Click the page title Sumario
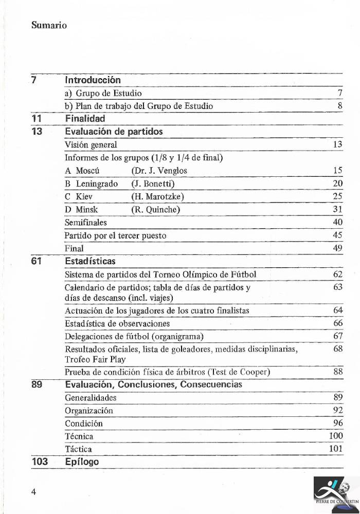49,25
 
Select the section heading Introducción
93,80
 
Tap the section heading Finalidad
85,119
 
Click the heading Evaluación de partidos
114,132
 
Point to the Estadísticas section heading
90,262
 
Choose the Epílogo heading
82,462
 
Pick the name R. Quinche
155,210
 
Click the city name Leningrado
97,183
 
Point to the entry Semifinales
85,223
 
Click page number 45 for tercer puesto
337,235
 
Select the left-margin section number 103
40,462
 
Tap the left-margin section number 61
37,262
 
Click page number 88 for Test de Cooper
337,372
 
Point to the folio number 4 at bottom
33,491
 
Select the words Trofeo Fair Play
95,359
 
